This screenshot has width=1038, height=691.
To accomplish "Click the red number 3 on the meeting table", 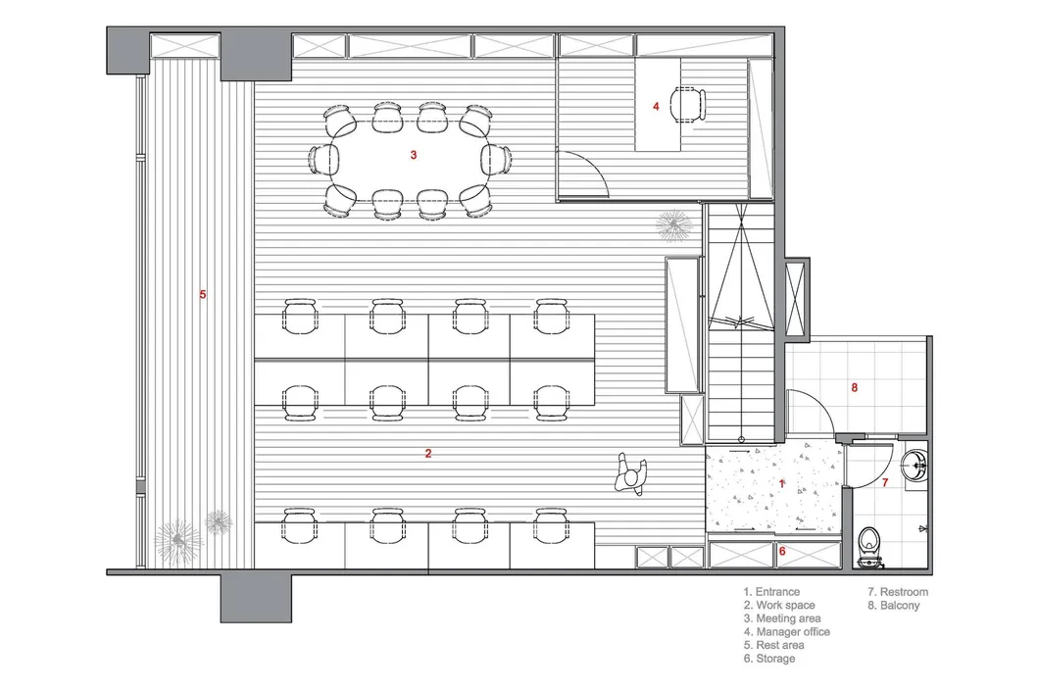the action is [x=413, y=155].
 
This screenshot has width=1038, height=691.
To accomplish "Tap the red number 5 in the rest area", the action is [x=203, y=295].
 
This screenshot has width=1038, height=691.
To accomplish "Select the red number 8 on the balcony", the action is [x=854, y=387].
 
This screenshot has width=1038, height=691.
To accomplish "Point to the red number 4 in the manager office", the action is [x=656, y=106].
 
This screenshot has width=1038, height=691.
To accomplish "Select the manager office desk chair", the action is [x=686, y=105].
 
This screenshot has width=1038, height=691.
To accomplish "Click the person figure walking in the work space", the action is [x=631, y=474].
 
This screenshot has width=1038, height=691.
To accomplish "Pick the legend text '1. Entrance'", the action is [x=771, y=592].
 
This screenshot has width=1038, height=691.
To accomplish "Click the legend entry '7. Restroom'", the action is [x=898, y=592].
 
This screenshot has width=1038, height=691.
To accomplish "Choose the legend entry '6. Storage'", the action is [x=769, y=659].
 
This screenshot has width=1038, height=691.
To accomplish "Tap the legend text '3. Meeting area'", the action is [x=782, y=618].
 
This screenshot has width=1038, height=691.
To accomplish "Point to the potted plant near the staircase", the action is [x=674, y=226].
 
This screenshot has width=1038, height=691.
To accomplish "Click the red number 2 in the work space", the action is [x=428, y=454].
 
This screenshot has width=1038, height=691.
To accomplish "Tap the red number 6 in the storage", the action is [x=782, y=551].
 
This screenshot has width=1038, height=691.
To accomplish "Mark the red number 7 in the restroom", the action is [x=885, y=483].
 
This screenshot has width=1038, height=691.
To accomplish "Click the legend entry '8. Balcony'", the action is [x=894, y=605].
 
